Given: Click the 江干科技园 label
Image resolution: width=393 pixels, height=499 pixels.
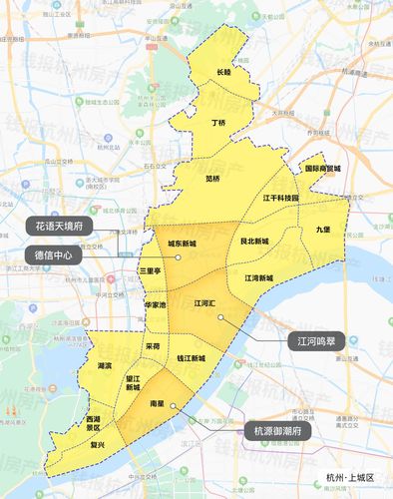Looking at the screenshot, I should (279, 198).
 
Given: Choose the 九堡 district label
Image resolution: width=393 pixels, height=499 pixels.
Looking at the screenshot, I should (321, 230).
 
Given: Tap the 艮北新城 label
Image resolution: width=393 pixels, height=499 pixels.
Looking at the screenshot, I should (255, 242).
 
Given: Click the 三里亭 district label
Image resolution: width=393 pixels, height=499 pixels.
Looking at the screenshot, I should (150, 270).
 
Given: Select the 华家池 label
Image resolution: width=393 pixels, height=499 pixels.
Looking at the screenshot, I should (156, 303).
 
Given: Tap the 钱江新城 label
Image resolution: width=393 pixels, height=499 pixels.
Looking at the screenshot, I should (191, 357).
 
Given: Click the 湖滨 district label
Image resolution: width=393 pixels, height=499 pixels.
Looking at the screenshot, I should (105, 367).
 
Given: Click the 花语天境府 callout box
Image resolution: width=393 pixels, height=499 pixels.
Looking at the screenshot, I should (58, 227).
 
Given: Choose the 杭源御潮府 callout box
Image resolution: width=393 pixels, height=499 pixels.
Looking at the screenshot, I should (279, 430).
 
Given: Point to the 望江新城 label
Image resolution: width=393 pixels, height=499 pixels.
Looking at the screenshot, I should (133, 383).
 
